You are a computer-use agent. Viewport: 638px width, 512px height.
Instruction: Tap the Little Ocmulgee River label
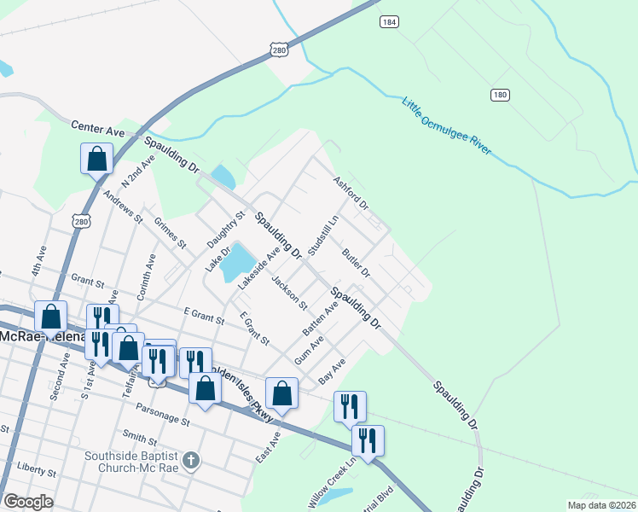coord(446,125)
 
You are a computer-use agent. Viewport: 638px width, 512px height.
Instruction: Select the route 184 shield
coord(390,21)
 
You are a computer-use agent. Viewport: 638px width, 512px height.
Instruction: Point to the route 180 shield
coord(501,93)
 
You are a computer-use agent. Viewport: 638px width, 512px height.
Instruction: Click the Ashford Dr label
coord(351,194)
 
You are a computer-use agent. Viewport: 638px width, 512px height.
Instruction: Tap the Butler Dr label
coord(355,264)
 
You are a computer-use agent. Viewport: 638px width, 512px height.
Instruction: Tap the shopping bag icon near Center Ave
coord(97,159)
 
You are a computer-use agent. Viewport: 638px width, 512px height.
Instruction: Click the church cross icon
coord(191,462)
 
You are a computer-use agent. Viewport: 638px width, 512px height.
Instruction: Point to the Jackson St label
coord(289,292)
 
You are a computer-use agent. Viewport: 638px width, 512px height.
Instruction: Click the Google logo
coord(29,502)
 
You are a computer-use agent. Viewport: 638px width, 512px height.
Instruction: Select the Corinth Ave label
coord(151,271)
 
